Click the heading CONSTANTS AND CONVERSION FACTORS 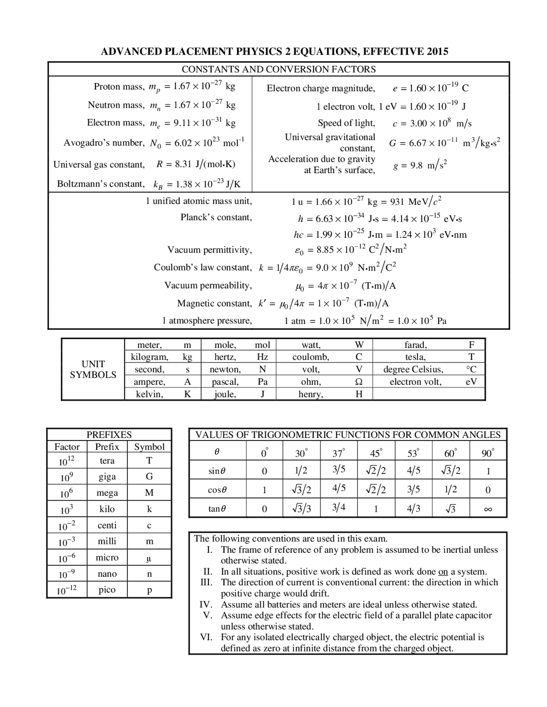[x=279, y=69]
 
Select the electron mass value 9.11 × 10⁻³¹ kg [x=204, y=123]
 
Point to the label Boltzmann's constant [x=101, y=184]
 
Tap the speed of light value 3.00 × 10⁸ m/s [x=432, y=123]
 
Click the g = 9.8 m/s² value [x=420, y=165]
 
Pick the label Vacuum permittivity [x=209, y=250]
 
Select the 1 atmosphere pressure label [x=207, y=321]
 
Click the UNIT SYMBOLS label [x=93, y=369]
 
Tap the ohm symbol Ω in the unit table [x=359, y=382]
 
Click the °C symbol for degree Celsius [x=471, y=369]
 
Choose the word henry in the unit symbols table [x=311, y=394]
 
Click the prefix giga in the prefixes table [x=107, y=476]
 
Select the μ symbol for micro [x=149, y=558]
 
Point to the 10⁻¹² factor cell [x=67, y=590]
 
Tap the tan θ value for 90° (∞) [x=488, y=508]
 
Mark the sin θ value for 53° [x=413, y=471]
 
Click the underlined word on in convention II [x=443, y=572]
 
